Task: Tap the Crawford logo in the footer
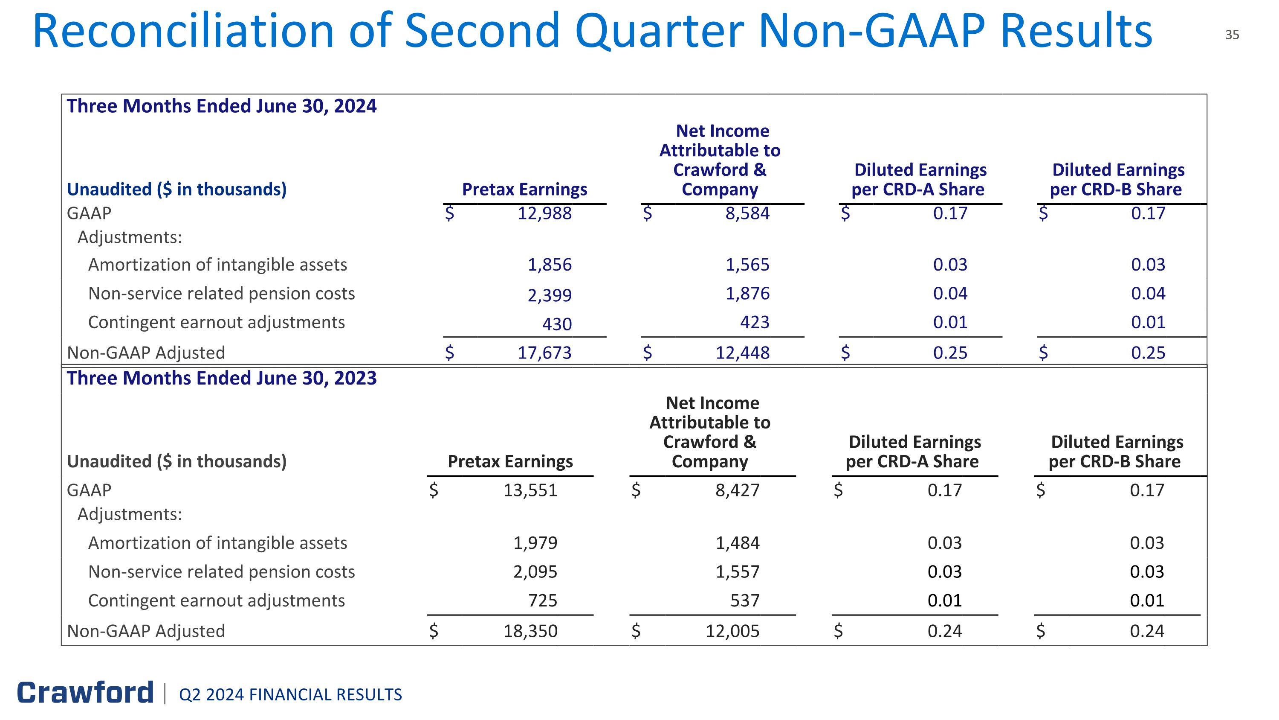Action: click(x=85, y=693)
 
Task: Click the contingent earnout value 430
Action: click(x=557, y=324)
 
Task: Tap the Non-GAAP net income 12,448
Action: click(x=742, y=353)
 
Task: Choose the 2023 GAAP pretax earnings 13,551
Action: click(x=530, y=490)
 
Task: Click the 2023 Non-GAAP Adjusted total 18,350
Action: click(x=530, y=631)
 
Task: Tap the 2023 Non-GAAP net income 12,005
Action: click(x=732, y=631)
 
